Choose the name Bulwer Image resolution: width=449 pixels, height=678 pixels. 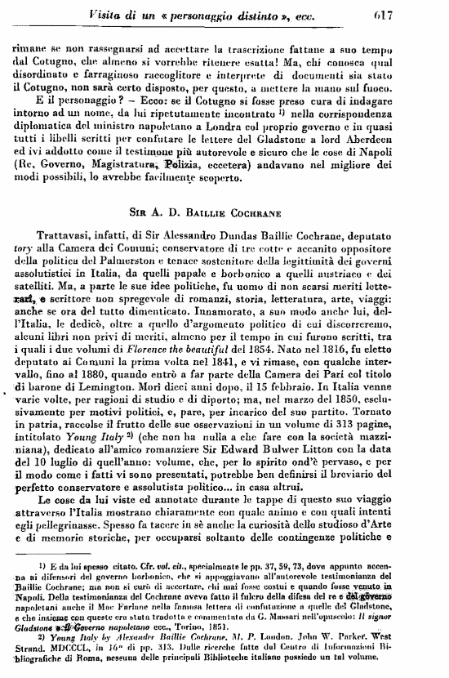299,468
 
